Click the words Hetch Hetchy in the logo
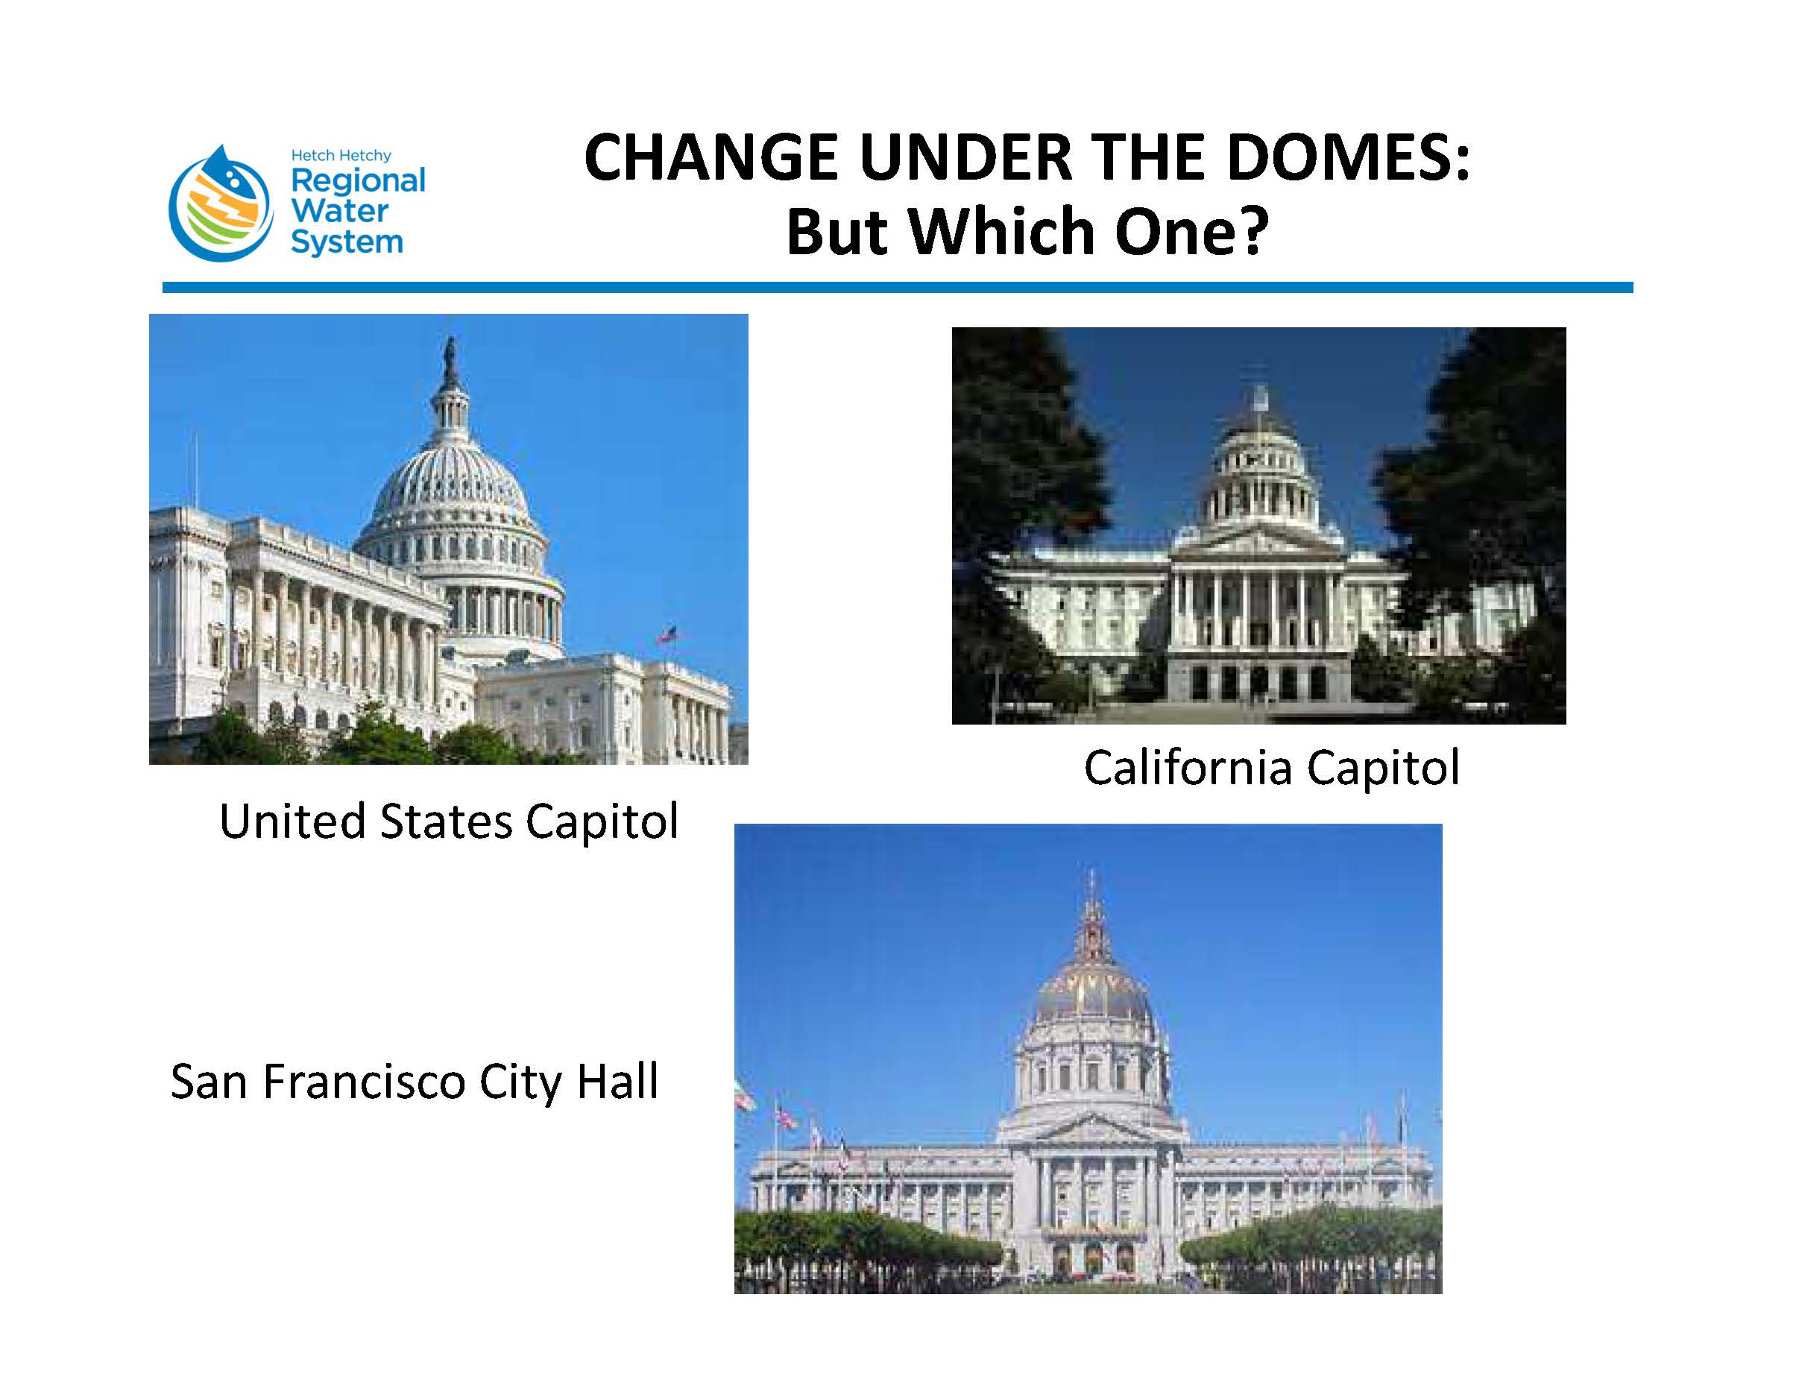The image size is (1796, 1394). point(341,156)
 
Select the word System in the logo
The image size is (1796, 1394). point(347,242)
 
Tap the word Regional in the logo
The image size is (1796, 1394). point(358,181)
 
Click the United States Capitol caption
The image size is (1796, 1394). point(449,821)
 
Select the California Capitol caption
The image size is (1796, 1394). point(1271,767)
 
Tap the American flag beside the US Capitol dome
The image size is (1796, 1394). point(667,635)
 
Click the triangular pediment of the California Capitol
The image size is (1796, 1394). point(1258,539)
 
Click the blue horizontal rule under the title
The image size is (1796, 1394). point(897,288)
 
